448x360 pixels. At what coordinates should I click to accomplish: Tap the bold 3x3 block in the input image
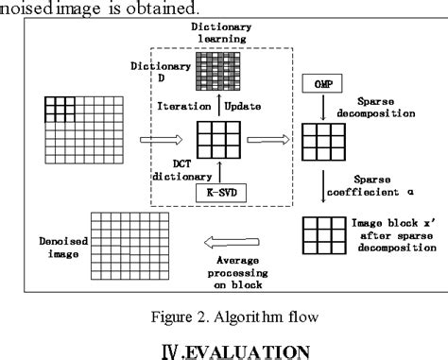(x=59, y=109)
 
